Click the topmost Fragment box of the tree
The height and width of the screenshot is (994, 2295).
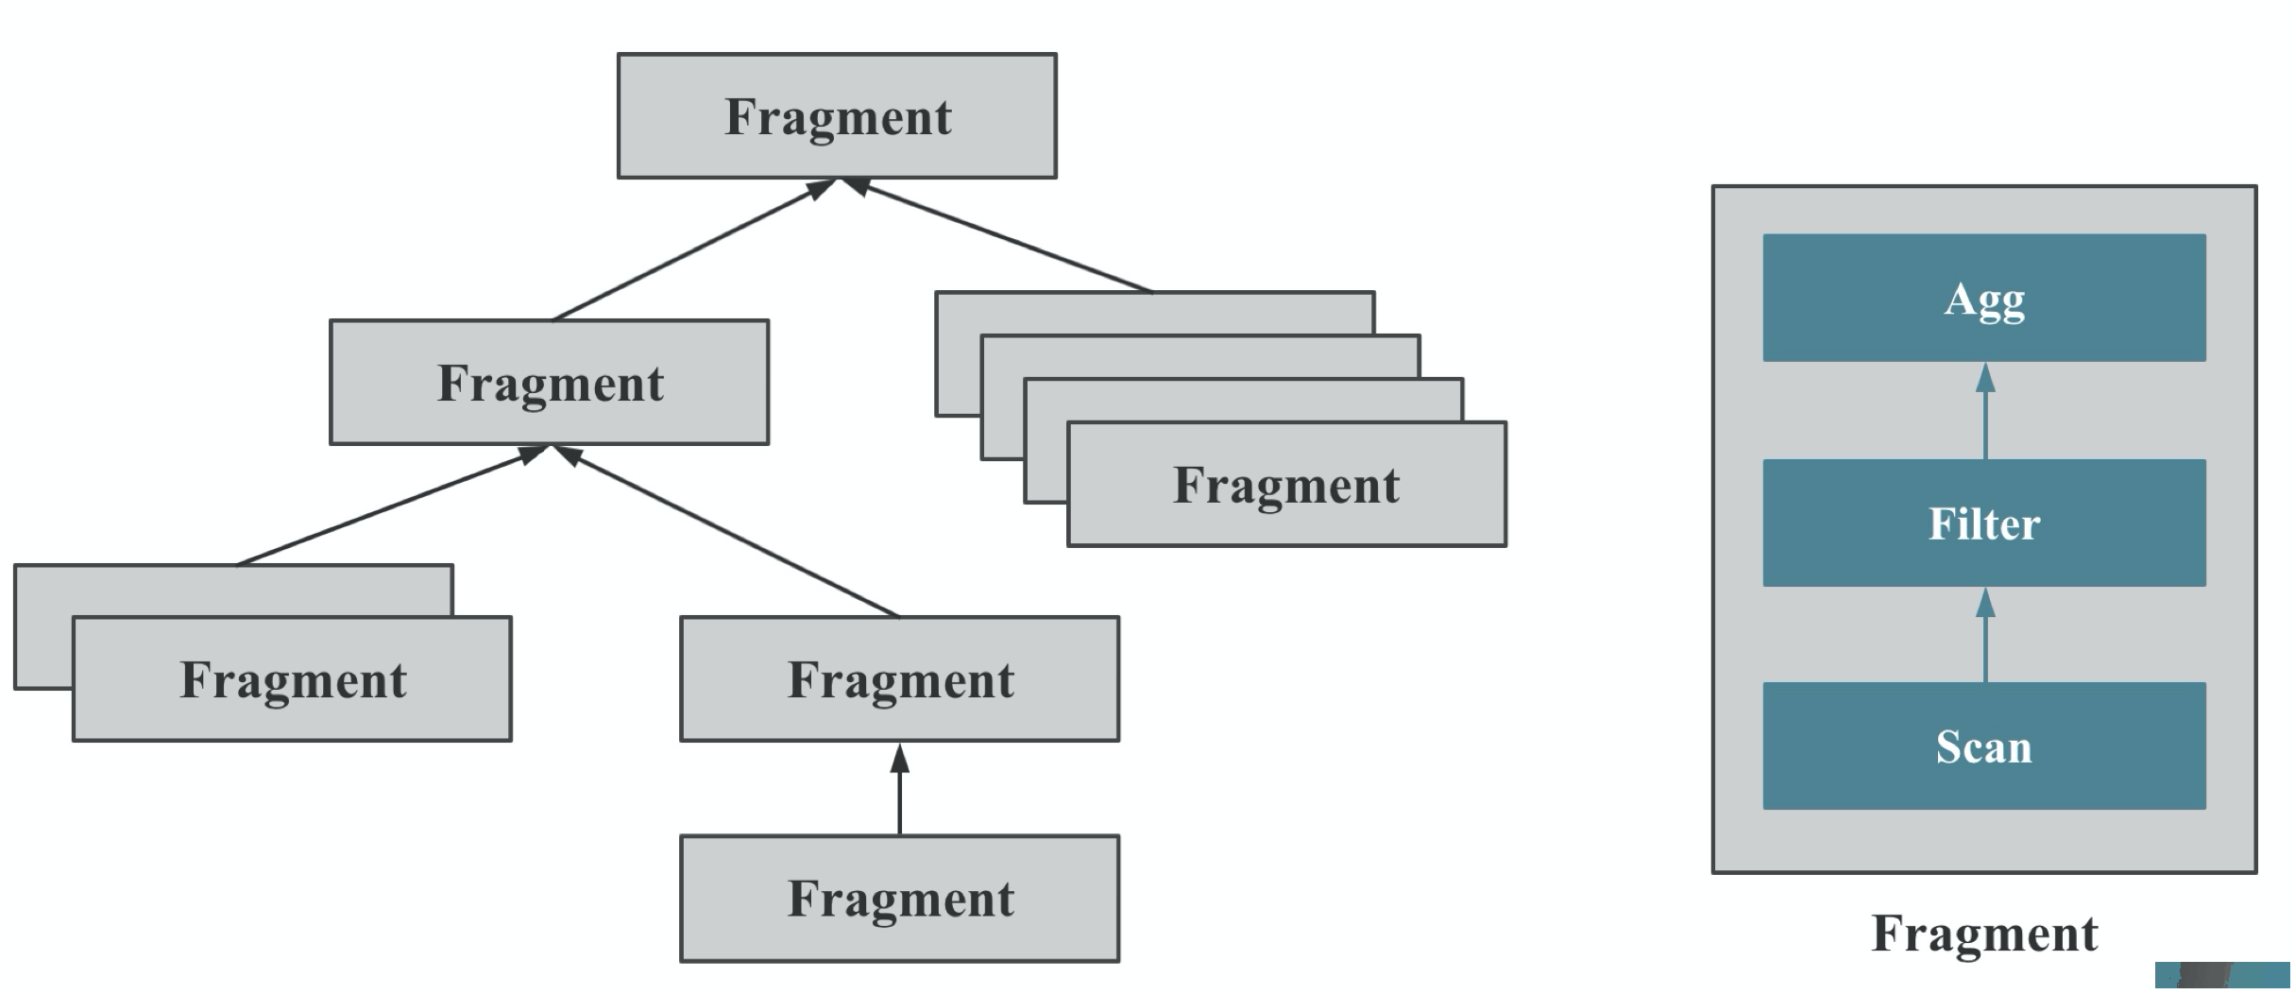pyautogui.click(x=837, y=115)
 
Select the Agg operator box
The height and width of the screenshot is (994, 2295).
pyautogui.click(x=1984, y=298)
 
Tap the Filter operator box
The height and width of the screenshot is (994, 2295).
pyautogui.click(x=1984, y=523)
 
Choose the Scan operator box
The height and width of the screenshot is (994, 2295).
pyautogui.click(x=1984, y=745)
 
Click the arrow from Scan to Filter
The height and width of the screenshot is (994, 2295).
pyautogui.click(x=1985, y=634)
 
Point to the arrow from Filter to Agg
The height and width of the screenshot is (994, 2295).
pyautogui.click(x=1985, y=410)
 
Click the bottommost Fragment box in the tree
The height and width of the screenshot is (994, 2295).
pyautogui.click(x=899, y=898)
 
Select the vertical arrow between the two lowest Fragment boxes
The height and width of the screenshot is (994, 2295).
pyautogui.click(x=899, y=789)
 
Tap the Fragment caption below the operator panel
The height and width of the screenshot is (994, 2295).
pyautogui.click(x=1984, y=934)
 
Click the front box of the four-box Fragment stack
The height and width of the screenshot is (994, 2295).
pyautogui.click(x=1286, y=484)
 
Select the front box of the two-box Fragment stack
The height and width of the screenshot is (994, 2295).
pyautogui.click(x=292, y=678)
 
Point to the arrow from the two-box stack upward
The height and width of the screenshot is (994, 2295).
pyautogui.click(x=391, y=506)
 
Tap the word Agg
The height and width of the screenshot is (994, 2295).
pyautogui.click(x=1984, y=301)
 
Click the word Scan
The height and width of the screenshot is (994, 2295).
pyautogui.click(x=1983, y=746)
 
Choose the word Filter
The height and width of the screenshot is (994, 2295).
pyautogui.click(x=1984, y=523)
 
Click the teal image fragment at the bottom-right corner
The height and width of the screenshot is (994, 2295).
pyautogui.click(x=2223, y=976)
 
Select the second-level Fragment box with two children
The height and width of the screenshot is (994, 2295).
pyautogui.click(x=549, y=382)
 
